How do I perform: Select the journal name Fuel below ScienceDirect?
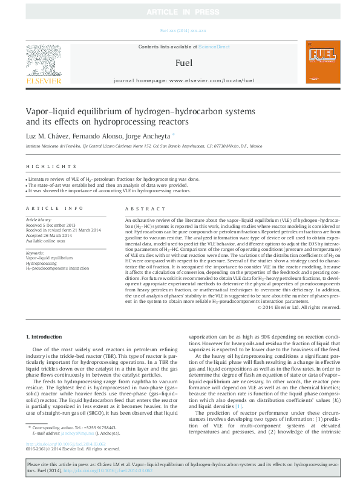pos(184,62)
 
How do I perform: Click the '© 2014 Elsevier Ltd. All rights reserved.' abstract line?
pos(299,306)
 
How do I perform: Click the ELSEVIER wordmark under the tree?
pos(43,80)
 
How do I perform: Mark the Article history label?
pos(39,219)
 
